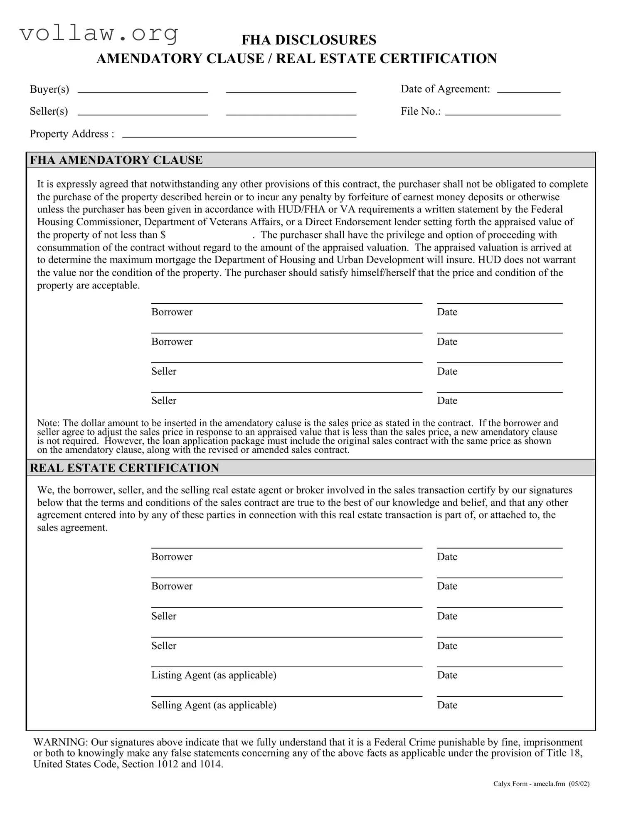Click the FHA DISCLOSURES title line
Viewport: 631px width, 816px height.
[309, 40]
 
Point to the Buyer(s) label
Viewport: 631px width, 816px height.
[49, 89]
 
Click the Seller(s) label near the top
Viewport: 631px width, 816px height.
[49, 111]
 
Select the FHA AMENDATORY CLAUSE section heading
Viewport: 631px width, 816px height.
[116, 160]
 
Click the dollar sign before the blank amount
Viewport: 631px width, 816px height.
[163, 235]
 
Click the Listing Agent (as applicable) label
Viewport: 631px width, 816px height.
[214, 675]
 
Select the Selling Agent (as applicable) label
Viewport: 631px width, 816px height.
[214, 705]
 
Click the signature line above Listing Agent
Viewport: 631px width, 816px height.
[286, 666]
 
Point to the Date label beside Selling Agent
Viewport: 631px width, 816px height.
[447, 705]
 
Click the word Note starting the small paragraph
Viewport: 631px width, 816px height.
[48, 423]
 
